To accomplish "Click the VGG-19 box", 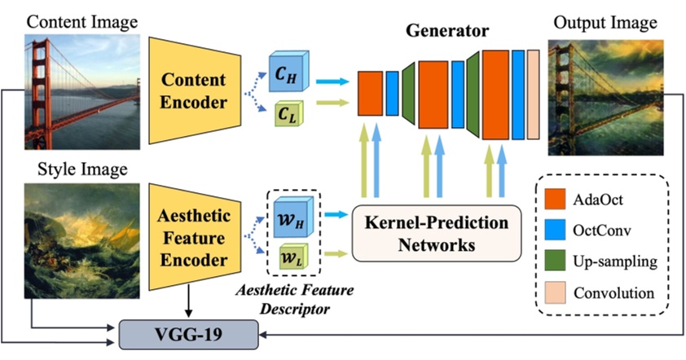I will pyautogui.click(x=189, y=334).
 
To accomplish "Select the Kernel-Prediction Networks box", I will pyautogui.click(x=436, y=233).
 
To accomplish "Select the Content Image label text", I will pyautogui.click(x=71, y=20).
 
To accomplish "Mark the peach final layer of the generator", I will pyautogui.click(x=533, y=94).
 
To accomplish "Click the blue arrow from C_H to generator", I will pyautogui.click(x=331, y=81).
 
